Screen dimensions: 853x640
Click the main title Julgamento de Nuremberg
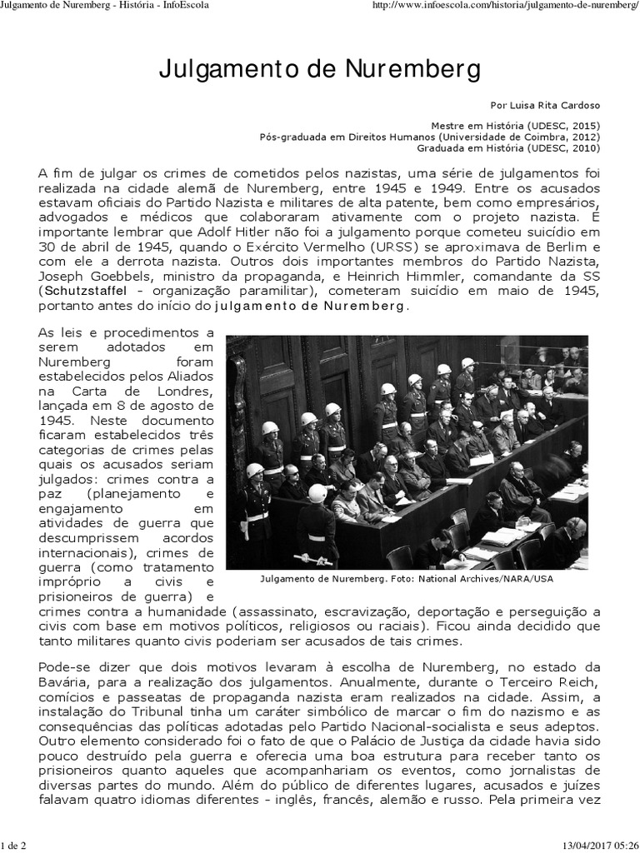click(x=319, y=70)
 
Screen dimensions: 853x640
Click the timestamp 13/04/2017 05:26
click(x=592, y=846)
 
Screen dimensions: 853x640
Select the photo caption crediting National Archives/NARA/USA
click(x=406, y=578)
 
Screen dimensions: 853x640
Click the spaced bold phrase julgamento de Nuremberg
click(x=312, y=306)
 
